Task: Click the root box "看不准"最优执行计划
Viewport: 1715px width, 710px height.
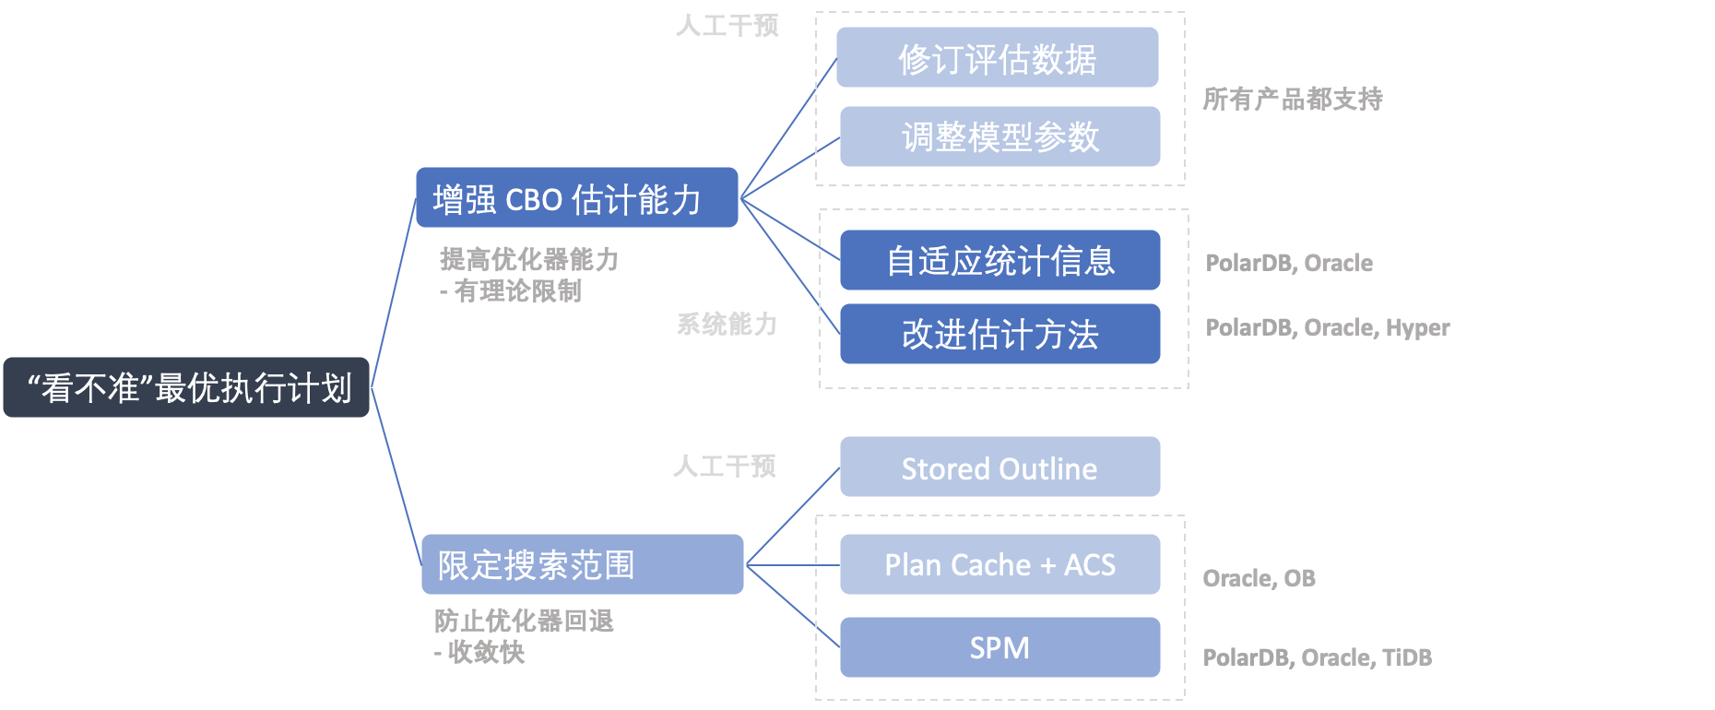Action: point(186,387)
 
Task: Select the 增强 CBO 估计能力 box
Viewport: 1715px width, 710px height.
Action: point(576,198)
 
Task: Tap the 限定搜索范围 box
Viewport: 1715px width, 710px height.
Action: point(582,564)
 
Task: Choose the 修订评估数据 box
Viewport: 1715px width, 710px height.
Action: point(997,58)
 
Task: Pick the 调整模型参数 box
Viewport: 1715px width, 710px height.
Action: point(999,136)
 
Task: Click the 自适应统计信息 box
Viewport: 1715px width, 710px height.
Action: point(999,261)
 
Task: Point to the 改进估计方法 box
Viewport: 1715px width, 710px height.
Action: point(999,334)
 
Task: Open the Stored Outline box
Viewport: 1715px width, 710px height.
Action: point(999,467)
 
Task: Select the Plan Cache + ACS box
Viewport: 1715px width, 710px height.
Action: point(999,564)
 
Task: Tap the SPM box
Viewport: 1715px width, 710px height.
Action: point(999,647)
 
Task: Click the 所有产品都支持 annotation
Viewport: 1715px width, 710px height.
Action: point(1292,99)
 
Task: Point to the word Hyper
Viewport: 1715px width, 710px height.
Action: point(1417,327)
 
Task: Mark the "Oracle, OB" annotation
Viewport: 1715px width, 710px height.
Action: point(1259,578)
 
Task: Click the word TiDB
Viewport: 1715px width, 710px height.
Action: point(1406,657)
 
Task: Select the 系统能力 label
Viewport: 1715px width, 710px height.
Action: point(727,324)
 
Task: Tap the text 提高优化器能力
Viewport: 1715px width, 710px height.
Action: point(528,259)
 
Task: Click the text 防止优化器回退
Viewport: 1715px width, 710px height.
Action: point(524,621)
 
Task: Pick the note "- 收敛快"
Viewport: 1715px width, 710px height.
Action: point(479,652)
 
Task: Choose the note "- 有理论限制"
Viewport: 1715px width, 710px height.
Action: point(511,291)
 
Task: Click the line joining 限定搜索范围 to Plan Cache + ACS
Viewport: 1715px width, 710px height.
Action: point(791,564)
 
